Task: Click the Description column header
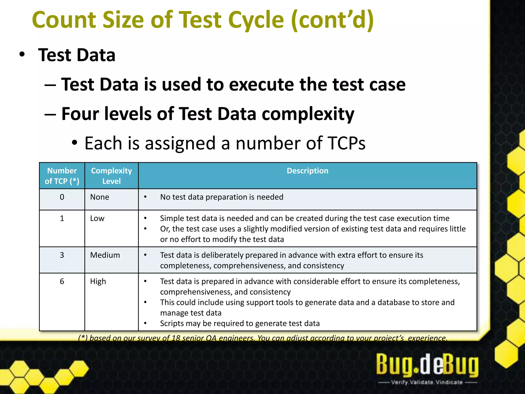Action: click(307, 171)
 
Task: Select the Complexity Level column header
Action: click(112, 176)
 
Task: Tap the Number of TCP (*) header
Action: click(62, 176)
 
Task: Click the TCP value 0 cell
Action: click(62, 197)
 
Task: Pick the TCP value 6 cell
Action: click(62, 281)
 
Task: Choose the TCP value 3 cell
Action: click(62, 255)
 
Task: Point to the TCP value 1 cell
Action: click(62, 218)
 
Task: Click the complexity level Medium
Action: click(105, 255)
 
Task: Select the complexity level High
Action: click(98, 281)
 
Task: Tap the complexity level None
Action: click(99, 197)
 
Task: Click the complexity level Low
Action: click(97, 218)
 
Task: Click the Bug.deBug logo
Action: click(427, 365)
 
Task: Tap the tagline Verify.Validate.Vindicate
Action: click(427, 382)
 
